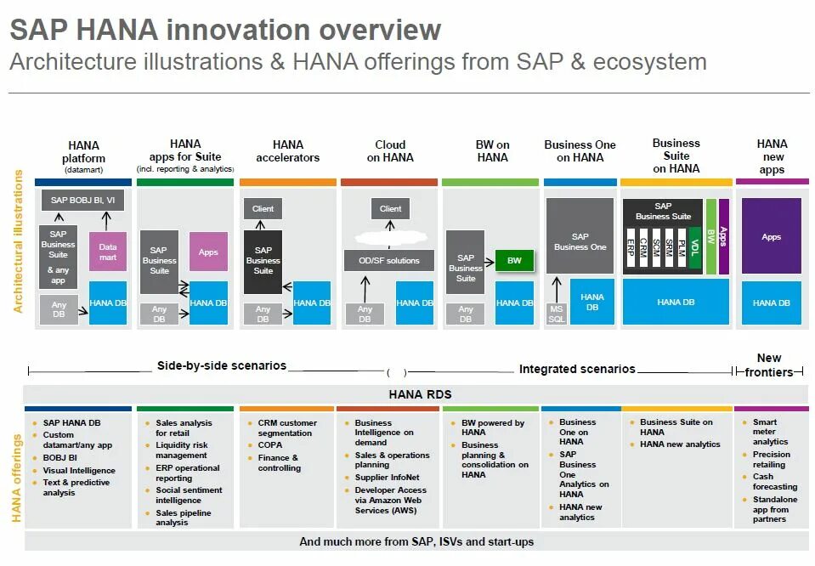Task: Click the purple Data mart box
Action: (x=108, y=252)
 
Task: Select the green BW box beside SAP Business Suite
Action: (x=514, y=260)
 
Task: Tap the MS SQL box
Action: (x=556, y=314)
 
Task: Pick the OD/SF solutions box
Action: (x=388, y=260)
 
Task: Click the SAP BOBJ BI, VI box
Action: (x=82, y=201)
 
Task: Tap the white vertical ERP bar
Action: (x=631, y=247)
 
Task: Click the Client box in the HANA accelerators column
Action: (x=263, y=208)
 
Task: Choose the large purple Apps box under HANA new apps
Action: (x=771, y=236)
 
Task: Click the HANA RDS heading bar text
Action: (x=420, y=394)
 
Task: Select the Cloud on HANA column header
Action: (x=390, y=150)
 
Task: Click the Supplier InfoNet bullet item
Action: (x=392, y=478)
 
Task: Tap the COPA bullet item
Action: (x=270, y=444)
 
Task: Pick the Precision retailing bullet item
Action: (x=771, y=460)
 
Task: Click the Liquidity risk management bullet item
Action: (x=181, y=450)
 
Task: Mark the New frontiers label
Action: (x=769, y=365)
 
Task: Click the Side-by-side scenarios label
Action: (x=221, y=366)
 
